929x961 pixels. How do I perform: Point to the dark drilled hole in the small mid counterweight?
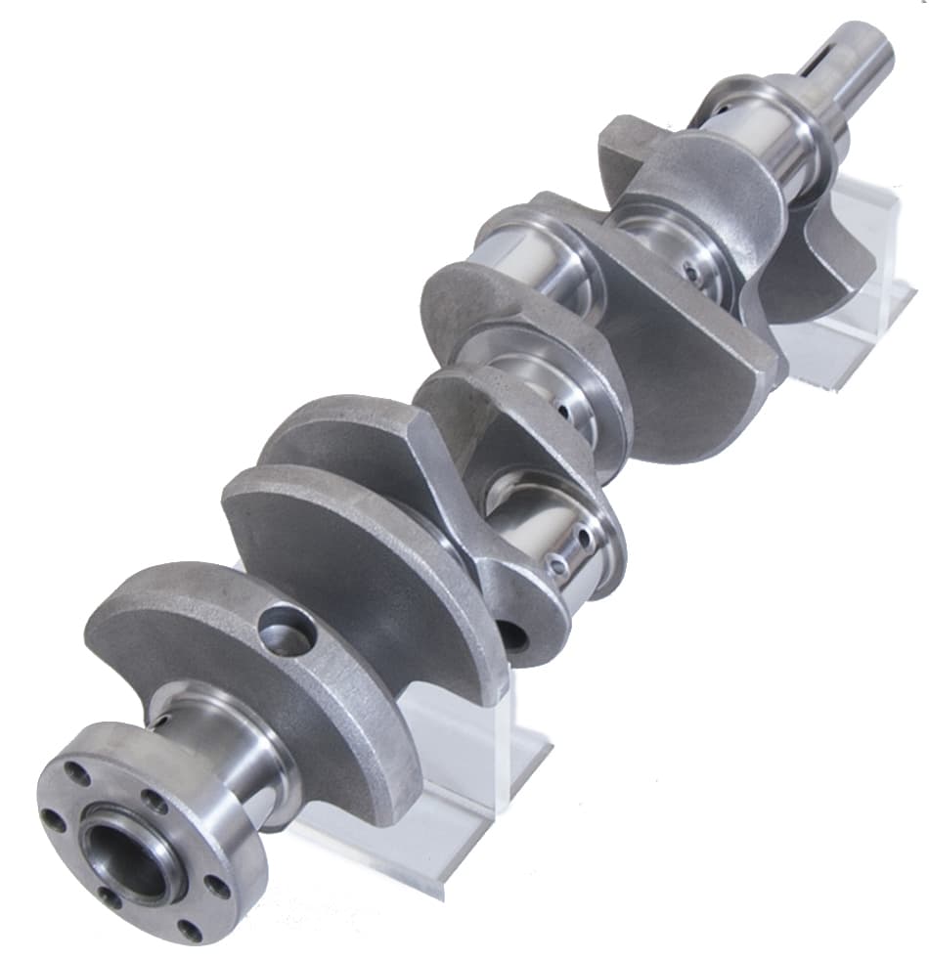click(x=511, y=636)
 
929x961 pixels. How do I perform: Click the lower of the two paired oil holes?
click(x=558, y=564)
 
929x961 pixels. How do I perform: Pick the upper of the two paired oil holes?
click(x=584, y=537)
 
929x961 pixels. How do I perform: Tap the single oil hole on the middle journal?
click(x=564, y=411)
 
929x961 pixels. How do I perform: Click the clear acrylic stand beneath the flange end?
click(x=469, y=782)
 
